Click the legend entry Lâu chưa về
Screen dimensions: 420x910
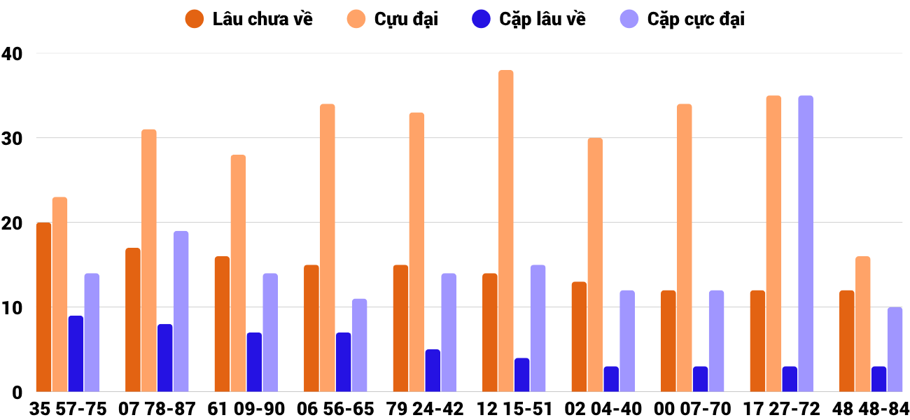262,19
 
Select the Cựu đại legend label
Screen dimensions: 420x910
406,19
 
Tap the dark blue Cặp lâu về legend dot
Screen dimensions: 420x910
481,19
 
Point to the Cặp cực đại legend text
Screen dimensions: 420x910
696,19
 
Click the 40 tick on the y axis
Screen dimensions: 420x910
12,53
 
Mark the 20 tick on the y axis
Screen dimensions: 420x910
12,223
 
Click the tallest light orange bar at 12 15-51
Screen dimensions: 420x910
505,231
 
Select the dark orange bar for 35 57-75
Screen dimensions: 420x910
44,307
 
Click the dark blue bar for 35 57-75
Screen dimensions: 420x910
76,353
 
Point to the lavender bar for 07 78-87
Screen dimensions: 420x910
181,311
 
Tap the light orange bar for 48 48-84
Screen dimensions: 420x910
862,324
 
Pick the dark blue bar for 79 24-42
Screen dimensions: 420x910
433,370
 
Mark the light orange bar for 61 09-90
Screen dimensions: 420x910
238,273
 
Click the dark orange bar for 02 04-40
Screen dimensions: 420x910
579,337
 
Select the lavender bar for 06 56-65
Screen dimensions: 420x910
359,345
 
